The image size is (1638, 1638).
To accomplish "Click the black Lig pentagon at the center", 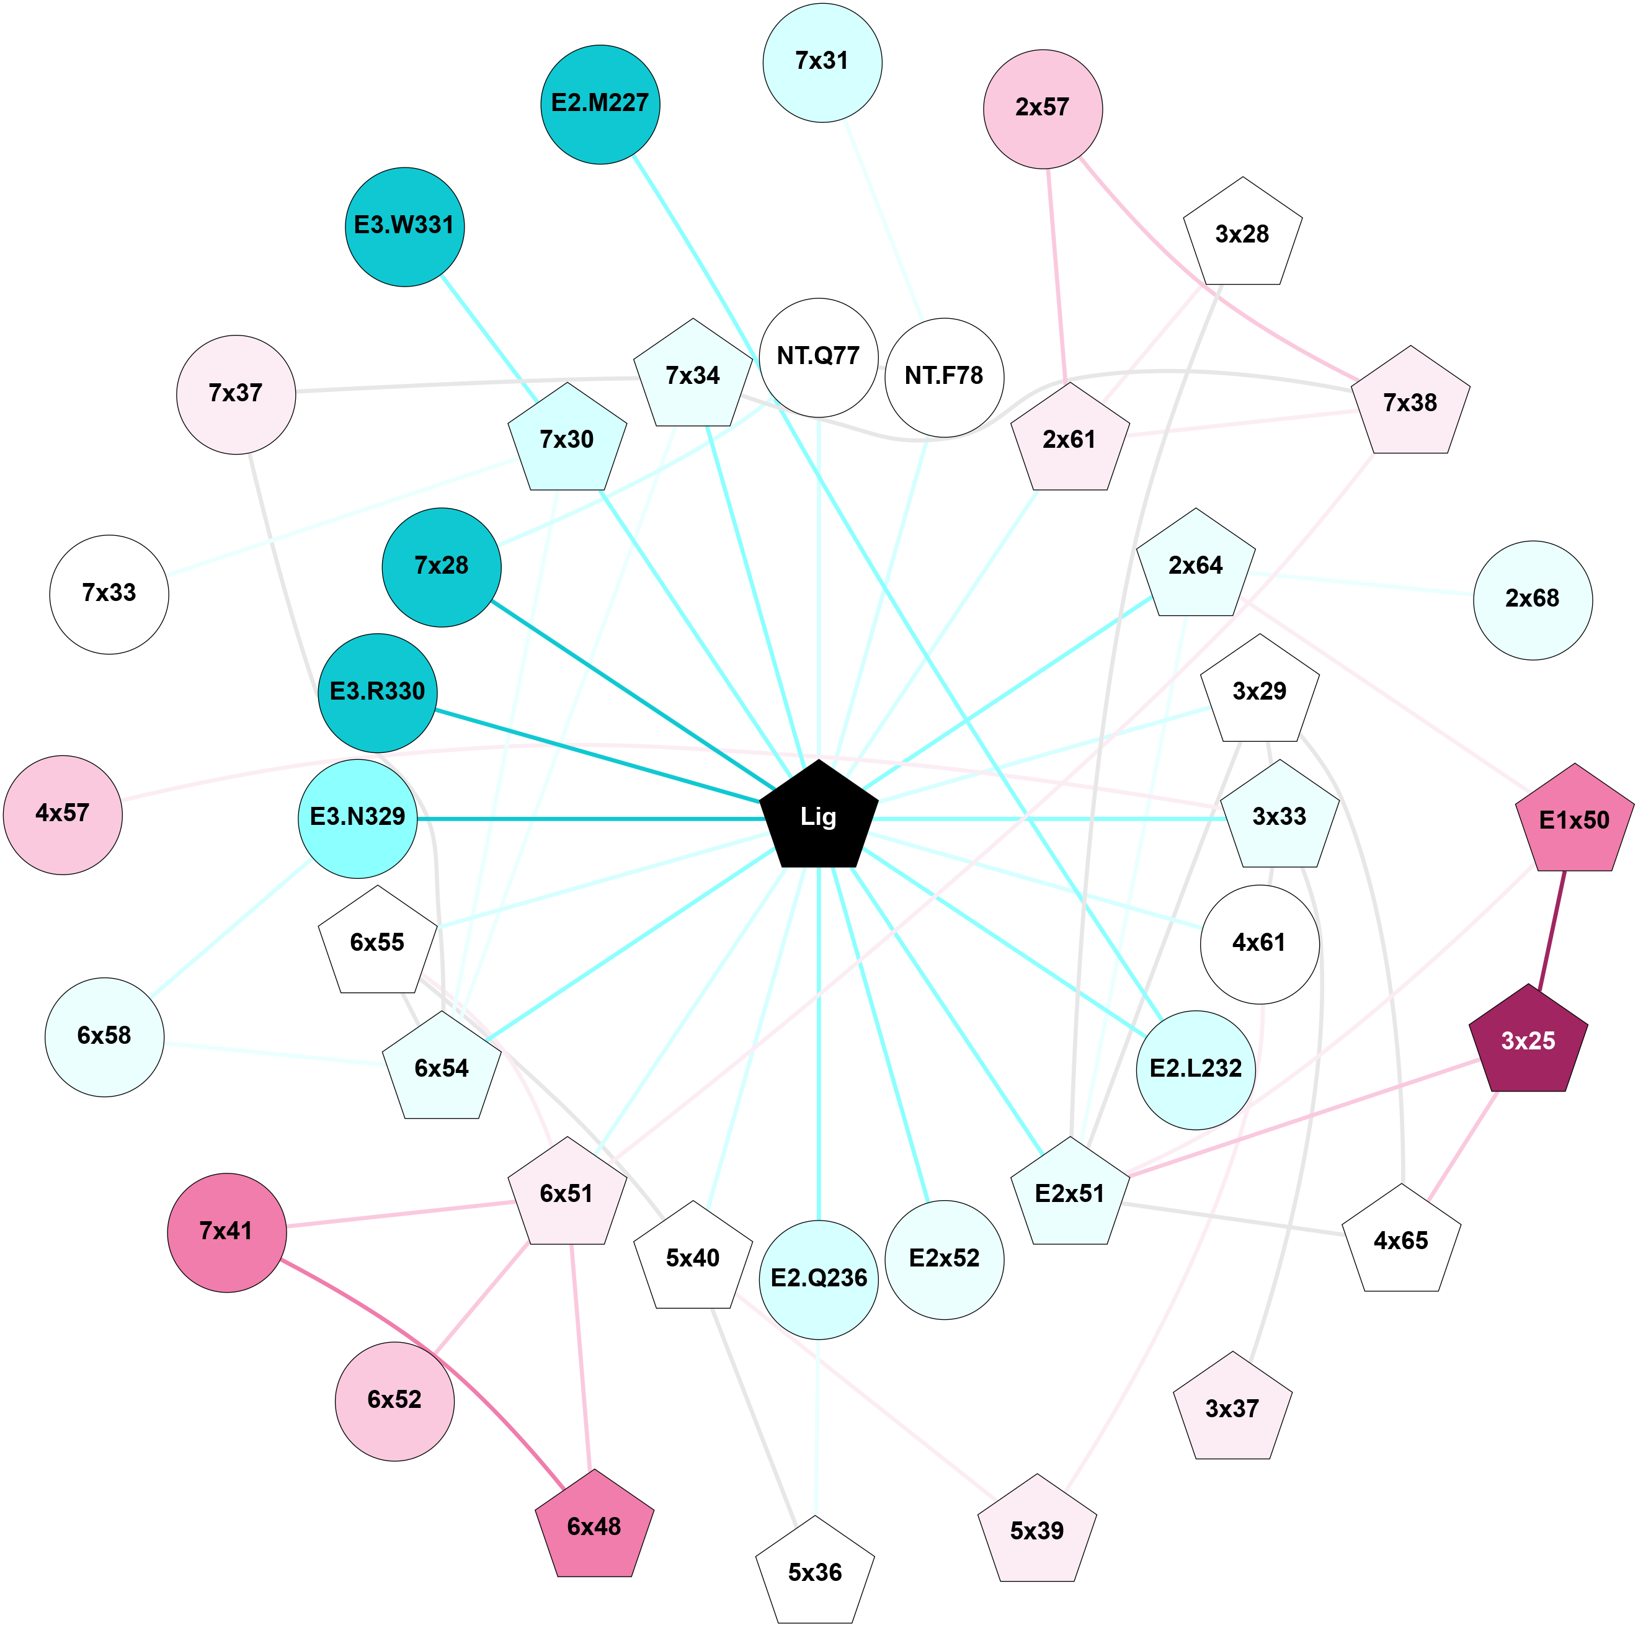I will (818, 816).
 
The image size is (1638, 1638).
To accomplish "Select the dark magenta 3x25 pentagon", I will (1528, 1041).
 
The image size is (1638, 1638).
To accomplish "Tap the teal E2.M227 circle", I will (600, 104).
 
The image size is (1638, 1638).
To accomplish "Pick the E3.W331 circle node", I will (404, 226).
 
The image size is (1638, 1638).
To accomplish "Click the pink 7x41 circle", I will (227, 1232).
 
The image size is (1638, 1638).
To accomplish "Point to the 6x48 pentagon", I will (594, 1526).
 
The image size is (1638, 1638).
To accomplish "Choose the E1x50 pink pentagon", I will (1574, 820).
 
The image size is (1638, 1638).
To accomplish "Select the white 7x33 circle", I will (109, 594).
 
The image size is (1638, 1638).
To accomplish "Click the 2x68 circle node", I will (1533, 599).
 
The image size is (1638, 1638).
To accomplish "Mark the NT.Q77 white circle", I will (818, 357).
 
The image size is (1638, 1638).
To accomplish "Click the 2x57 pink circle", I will (1043, 109).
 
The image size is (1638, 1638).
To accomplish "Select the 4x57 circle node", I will (63, 814).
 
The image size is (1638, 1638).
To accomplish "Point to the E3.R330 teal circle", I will (377, 692).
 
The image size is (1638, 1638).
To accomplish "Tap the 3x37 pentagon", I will (1232, 1409).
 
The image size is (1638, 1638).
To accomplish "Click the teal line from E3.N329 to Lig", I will (594, 818).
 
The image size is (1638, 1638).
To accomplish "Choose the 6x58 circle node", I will (104, 1036).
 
